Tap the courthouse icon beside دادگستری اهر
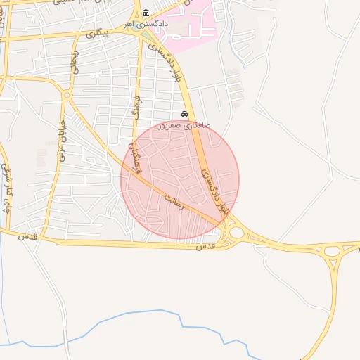click(146, 13)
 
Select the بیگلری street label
click(94, 33)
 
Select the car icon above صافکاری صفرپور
click(184, 114)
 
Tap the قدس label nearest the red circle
click(203, 247)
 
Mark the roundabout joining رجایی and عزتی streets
click(67, 94)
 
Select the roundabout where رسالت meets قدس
click(236, 232)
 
